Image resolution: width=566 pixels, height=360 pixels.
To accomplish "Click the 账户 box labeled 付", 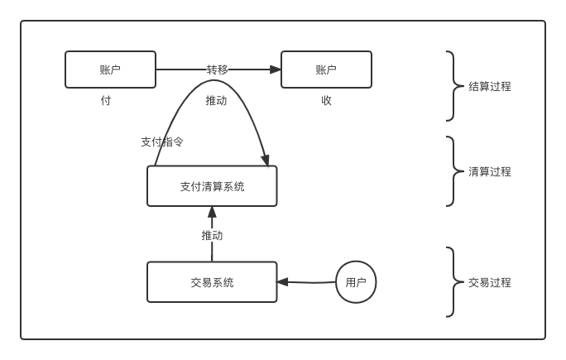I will pos(110,70).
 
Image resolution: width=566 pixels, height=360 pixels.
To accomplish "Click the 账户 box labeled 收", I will pos(326,70).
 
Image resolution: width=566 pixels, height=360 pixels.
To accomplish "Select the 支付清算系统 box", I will pos(212,186).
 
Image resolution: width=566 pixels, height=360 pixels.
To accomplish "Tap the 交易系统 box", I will pos(212,282).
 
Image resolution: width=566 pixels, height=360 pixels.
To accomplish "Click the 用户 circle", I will pos(356,282).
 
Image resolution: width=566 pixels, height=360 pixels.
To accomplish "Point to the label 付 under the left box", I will pos(106,100).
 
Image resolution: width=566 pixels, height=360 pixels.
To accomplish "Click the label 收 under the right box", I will pos(327,100).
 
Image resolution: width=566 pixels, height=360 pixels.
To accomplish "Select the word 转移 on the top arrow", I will pos(218,70).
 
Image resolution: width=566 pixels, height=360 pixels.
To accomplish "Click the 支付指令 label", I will pos(162,142).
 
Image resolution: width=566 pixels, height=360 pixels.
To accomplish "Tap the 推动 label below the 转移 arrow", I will pos(216,100).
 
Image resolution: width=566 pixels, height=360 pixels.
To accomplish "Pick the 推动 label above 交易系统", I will pos(212,235).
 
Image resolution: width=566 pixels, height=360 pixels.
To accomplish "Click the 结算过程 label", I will pos(490,86).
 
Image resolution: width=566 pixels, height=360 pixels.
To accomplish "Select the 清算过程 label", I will pos(490,171).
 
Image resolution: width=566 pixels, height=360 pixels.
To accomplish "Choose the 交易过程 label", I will pos(490,282).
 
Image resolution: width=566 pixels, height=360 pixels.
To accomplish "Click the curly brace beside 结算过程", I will pos(452,86).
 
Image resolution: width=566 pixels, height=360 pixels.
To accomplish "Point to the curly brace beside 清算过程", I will pos(452,171).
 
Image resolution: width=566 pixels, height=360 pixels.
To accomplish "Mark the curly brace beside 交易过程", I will pos(452,282).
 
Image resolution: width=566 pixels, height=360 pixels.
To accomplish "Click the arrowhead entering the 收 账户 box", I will pos(276,70).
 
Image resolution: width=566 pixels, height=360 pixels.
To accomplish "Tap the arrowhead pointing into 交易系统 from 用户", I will pos(283,282).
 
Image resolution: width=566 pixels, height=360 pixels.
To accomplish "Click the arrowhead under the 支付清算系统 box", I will pos(212,212).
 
